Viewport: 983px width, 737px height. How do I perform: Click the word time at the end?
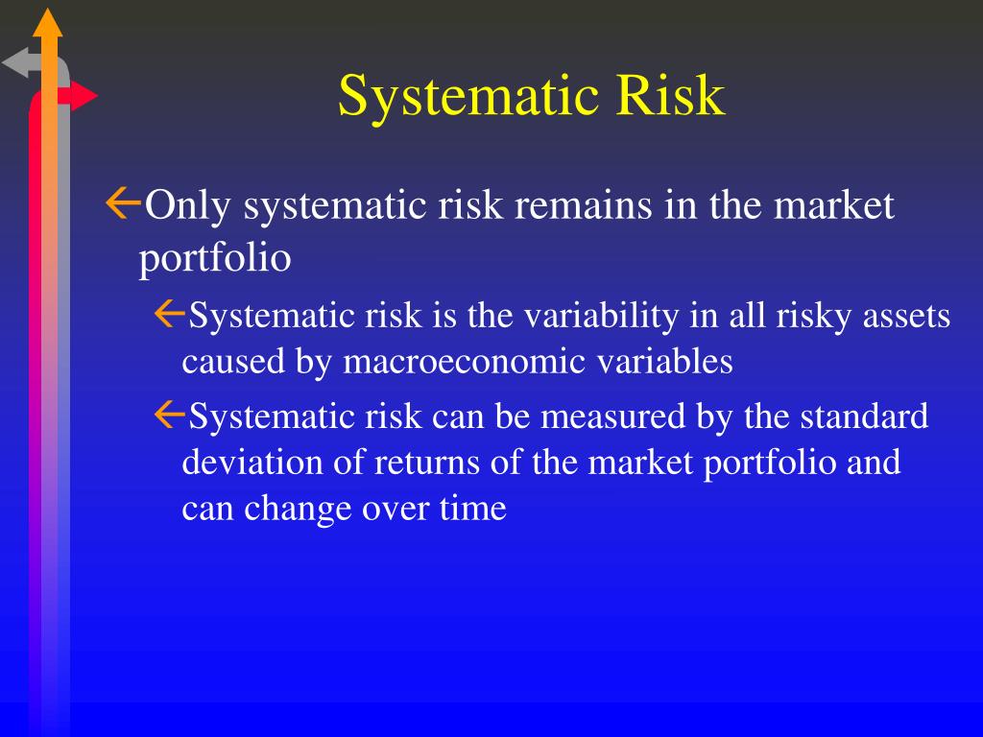[x=473, y=509]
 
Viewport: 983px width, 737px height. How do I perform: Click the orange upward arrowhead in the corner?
[x=47, y=22]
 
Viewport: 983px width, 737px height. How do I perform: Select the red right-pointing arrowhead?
[x=84, y=96]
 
